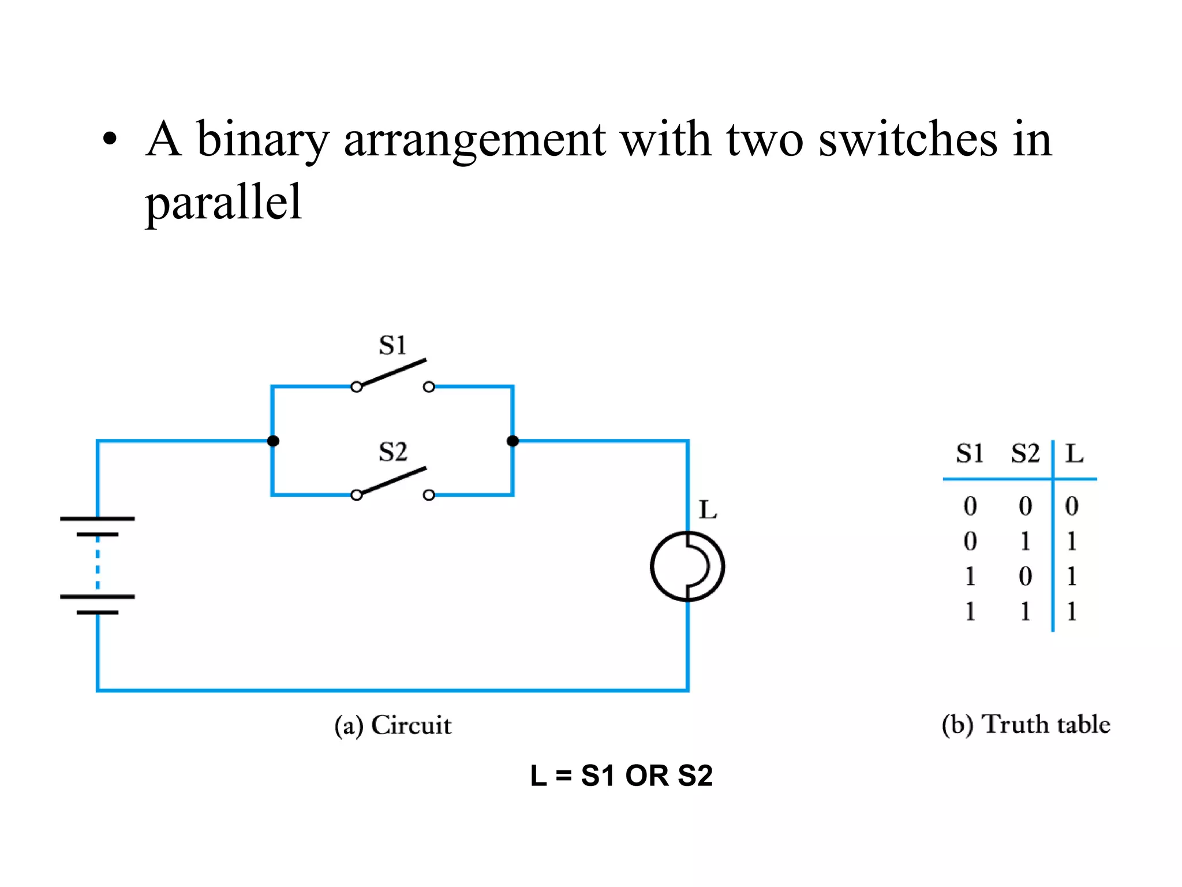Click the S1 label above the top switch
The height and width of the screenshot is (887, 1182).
pyautogui.click(x=392, y=345)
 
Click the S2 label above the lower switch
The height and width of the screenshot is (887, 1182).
pyautogui.click(x=392, y=452)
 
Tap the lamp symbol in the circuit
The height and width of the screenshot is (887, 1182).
pyautogui.click(x=687, y=567)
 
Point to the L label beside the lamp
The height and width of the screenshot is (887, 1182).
pyautogui.click(x=708, y=510)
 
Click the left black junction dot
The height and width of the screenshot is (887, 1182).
pyautogui.click(x=273, y=441)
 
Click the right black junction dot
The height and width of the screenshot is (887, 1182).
pyautogui.click(x=513, y=441)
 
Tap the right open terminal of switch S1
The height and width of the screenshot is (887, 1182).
pyautogui.click(x=429, y=387)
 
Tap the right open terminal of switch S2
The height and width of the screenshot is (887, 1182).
pyautogui.click(x=429, y=495)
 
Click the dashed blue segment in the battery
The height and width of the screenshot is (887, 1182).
pyautogui.click(x=98, y=565)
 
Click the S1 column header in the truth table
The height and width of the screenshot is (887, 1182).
pyautogui.click(x=970, y=454)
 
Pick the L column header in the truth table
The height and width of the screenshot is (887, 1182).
pyautogui.click(x=1074, y=454)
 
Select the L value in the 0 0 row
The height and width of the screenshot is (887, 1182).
pyautogui.click(x=1072, y=506)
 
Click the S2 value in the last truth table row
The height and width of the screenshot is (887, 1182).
pyautogui.click(x=1025, y=612)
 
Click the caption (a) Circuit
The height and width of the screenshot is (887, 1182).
pyautogui.click(x=392, y=725)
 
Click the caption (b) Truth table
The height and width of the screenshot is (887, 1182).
pyautogui.click(x=1026, y=725)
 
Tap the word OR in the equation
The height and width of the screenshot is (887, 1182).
pyautogui.click(x=646, y=776)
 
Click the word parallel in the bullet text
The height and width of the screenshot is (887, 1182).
pyautogui.click(x=223, y=202)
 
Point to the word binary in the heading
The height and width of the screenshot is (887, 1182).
pyautogui.click(x=263, y=140)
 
